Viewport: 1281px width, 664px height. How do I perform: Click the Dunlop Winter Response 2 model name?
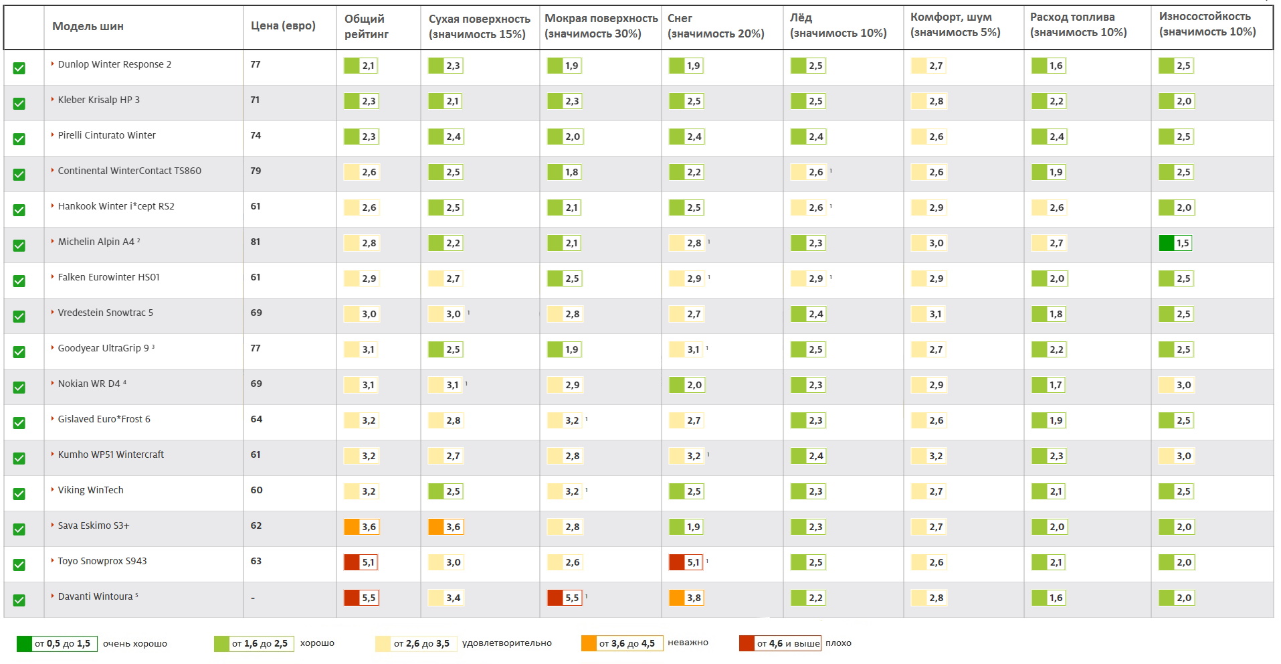[114, 64]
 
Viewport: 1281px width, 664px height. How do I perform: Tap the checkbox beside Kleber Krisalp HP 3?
[19, 104]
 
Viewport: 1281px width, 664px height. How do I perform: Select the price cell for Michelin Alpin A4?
[256, 242]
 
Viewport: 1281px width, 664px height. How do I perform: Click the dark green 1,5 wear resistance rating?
[1175, 243]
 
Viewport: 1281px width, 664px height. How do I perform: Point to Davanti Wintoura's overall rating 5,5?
[361, 598]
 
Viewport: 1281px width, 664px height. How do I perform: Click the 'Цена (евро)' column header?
[283, 26]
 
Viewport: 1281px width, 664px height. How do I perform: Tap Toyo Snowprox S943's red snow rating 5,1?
[686, 562]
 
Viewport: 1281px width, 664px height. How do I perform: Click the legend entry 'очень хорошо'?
[134, 644]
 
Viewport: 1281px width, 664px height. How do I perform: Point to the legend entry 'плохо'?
[838, 643]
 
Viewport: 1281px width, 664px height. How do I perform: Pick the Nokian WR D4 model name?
[89, 384]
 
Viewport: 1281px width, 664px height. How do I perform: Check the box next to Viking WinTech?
[19, 494]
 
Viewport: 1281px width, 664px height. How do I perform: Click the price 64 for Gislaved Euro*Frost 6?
[256, 419]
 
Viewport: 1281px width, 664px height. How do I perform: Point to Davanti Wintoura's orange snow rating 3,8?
[686, 598]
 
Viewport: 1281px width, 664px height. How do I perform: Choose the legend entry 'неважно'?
[688, 643]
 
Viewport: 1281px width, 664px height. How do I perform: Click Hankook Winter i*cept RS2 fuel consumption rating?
[1048, 207]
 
